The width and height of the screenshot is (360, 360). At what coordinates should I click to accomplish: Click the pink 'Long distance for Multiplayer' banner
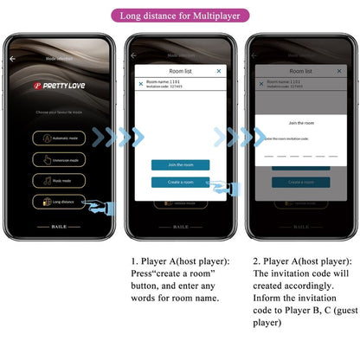pyautogui.click(x=179, y=15)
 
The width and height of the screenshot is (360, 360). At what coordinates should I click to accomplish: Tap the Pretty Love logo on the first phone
pyautogui.click(x=60, y=87)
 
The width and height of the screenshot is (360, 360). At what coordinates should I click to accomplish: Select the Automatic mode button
pyautogui.click(x=60, y=138)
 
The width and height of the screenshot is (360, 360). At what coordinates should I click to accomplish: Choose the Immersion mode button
pyautogui.click(x=60, y=159)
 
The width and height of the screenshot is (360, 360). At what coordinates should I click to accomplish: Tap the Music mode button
pyautogui.click(x=60, y=180)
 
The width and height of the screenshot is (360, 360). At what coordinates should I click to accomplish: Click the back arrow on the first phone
pyautogui.click(x=13, y=58)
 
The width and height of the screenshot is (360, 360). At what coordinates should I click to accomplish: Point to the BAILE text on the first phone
pyautogui.click(x=59, y=227)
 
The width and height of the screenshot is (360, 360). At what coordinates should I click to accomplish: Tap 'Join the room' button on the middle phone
pyautogui.click(x=180, y=164)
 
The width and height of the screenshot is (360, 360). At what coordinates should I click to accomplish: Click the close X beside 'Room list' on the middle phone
pyautogui.click(x=218, y=71)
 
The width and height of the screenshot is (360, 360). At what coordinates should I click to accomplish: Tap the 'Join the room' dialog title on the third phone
pyautogui.click(x=300, y=123)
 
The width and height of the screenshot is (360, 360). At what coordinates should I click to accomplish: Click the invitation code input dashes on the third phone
pyautogui.click(x=300, y=156)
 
